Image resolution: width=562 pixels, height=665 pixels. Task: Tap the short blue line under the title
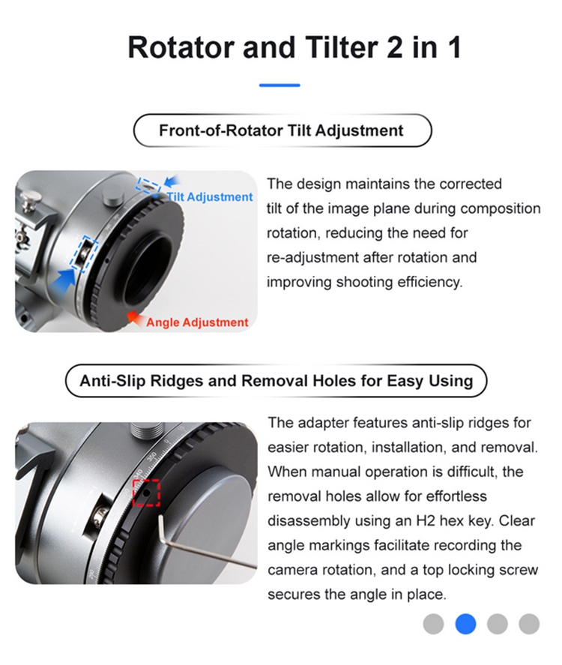click(280, 85)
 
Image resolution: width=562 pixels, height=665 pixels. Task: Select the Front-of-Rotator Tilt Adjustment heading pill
click(281, 130)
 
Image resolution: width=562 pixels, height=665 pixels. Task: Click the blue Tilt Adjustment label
click(210, 197)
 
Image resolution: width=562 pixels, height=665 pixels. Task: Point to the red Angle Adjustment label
click(197, 322)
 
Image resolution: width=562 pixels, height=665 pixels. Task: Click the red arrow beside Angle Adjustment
click(135, 317)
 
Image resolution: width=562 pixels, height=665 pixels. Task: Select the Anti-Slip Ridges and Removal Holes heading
click(276, 380)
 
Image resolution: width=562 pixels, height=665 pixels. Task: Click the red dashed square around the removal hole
click(147, 493)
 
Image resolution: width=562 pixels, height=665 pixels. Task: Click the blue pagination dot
click(466, 623)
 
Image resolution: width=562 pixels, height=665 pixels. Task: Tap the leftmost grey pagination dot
click(433, 623)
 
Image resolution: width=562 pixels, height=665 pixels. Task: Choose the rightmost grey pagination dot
click(529, 623)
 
